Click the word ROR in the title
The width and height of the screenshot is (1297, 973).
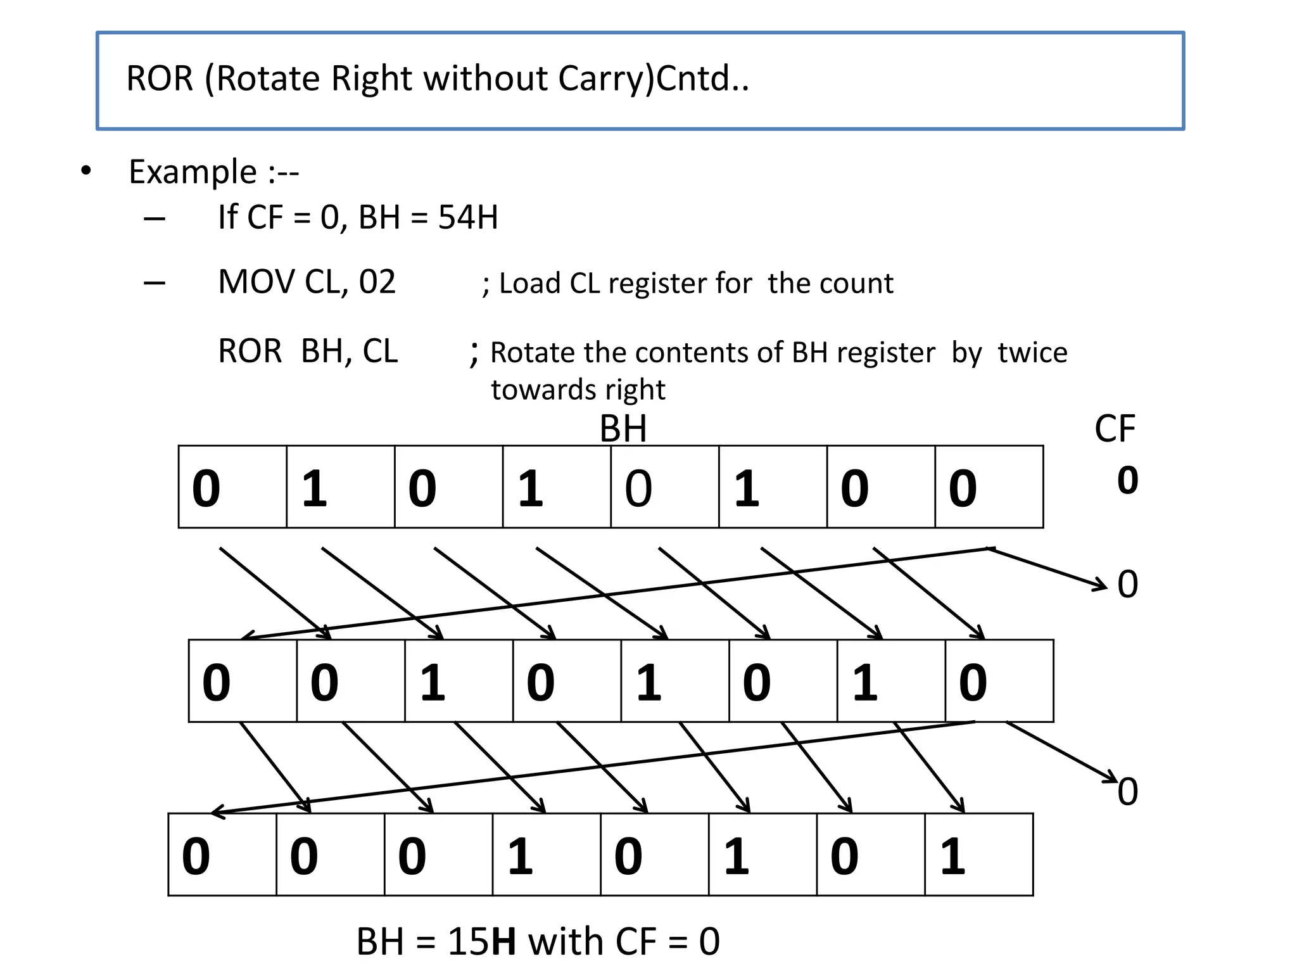tap(159, 79)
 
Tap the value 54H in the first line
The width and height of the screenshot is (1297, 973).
tap(468, 217)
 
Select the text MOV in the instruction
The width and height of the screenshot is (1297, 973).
tap(256, 282)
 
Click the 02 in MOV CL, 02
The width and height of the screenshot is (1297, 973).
tap(377, 282)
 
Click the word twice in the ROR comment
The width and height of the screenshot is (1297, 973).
tap(1032, 352)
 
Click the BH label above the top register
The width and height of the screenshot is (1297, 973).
tap(623, 429)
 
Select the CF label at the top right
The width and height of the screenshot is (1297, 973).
tap(1115, 429)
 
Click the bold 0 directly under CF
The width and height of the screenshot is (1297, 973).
tap(1127, 481)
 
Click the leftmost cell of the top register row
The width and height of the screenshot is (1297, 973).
tap(232, 486)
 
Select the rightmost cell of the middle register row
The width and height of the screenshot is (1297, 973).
tap(999, 681)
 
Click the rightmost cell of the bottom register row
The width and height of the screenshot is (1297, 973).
tap(978, 855)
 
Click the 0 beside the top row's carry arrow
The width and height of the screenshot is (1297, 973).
tap(1127, 584)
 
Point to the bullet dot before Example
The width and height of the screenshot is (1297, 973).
tap(86, 171)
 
